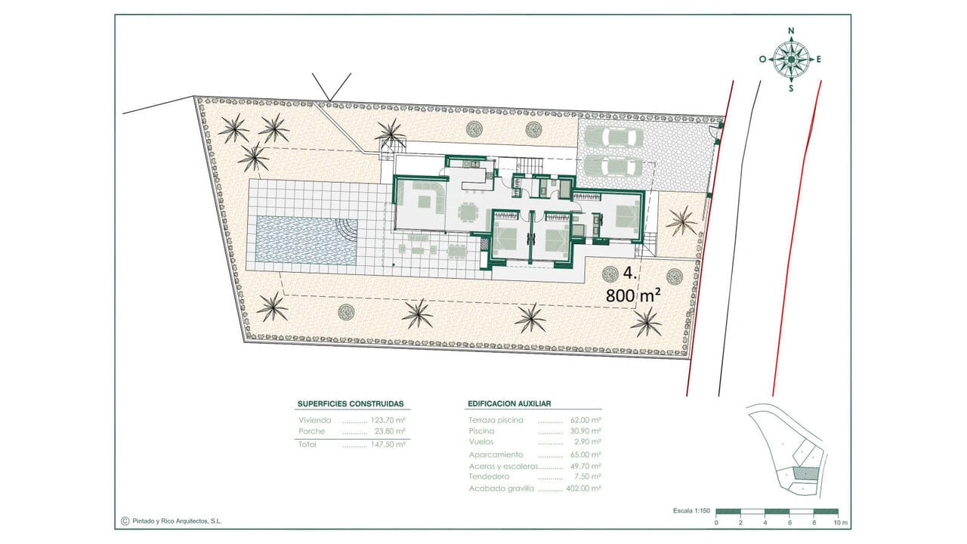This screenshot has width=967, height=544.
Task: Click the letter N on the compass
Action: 791,31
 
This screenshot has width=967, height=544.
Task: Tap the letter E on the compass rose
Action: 818,60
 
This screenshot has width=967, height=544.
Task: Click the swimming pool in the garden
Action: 307,240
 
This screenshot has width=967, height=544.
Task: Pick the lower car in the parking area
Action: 612,166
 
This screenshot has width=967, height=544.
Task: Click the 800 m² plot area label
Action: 633,295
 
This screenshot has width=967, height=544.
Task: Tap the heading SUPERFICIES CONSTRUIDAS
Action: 351,404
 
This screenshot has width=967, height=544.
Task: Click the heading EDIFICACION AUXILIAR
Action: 509,403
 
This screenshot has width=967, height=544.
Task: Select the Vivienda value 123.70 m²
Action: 388,420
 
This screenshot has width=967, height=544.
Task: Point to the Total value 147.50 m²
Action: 388,444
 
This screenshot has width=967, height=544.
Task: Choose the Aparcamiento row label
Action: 496,455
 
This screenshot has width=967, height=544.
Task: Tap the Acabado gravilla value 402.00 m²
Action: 583,489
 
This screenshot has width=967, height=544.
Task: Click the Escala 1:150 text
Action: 691,511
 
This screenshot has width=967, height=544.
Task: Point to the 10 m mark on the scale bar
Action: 840,523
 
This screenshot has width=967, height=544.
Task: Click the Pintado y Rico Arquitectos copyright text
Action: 177,521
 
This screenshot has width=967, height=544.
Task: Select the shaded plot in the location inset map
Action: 806,474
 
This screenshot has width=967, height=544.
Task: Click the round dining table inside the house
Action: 468,212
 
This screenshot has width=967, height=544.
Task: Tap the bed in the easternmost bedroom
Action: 627,216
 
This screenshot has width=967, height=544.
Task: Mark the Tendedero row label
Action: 489,477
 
